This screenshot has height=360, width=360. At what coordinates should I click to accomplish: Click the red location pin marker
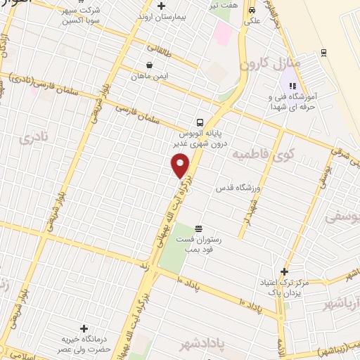coord(181,165)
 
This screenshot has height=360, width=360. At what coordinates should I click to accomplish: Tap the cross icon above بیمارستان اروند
coord(161,6)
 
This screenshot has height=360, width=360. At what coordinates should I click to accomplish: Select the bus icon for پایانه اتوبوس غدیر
coord(200,121)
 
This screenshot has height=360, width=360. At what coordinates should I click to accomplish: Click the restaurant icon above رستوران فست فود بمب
coord(198,229)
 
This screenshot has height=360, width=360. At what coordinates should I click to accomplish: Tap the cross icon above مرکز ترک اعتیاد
coord(284,271)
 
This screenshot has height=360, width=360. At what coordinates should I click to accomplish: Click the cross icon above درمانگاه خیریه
coord(84,328)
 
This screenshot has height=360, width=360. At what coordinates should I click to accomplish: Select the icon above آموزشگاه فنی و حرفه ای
coord(292,86)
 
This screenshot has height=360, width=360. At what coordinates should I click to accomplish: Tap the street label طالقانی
coord(160,49)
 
